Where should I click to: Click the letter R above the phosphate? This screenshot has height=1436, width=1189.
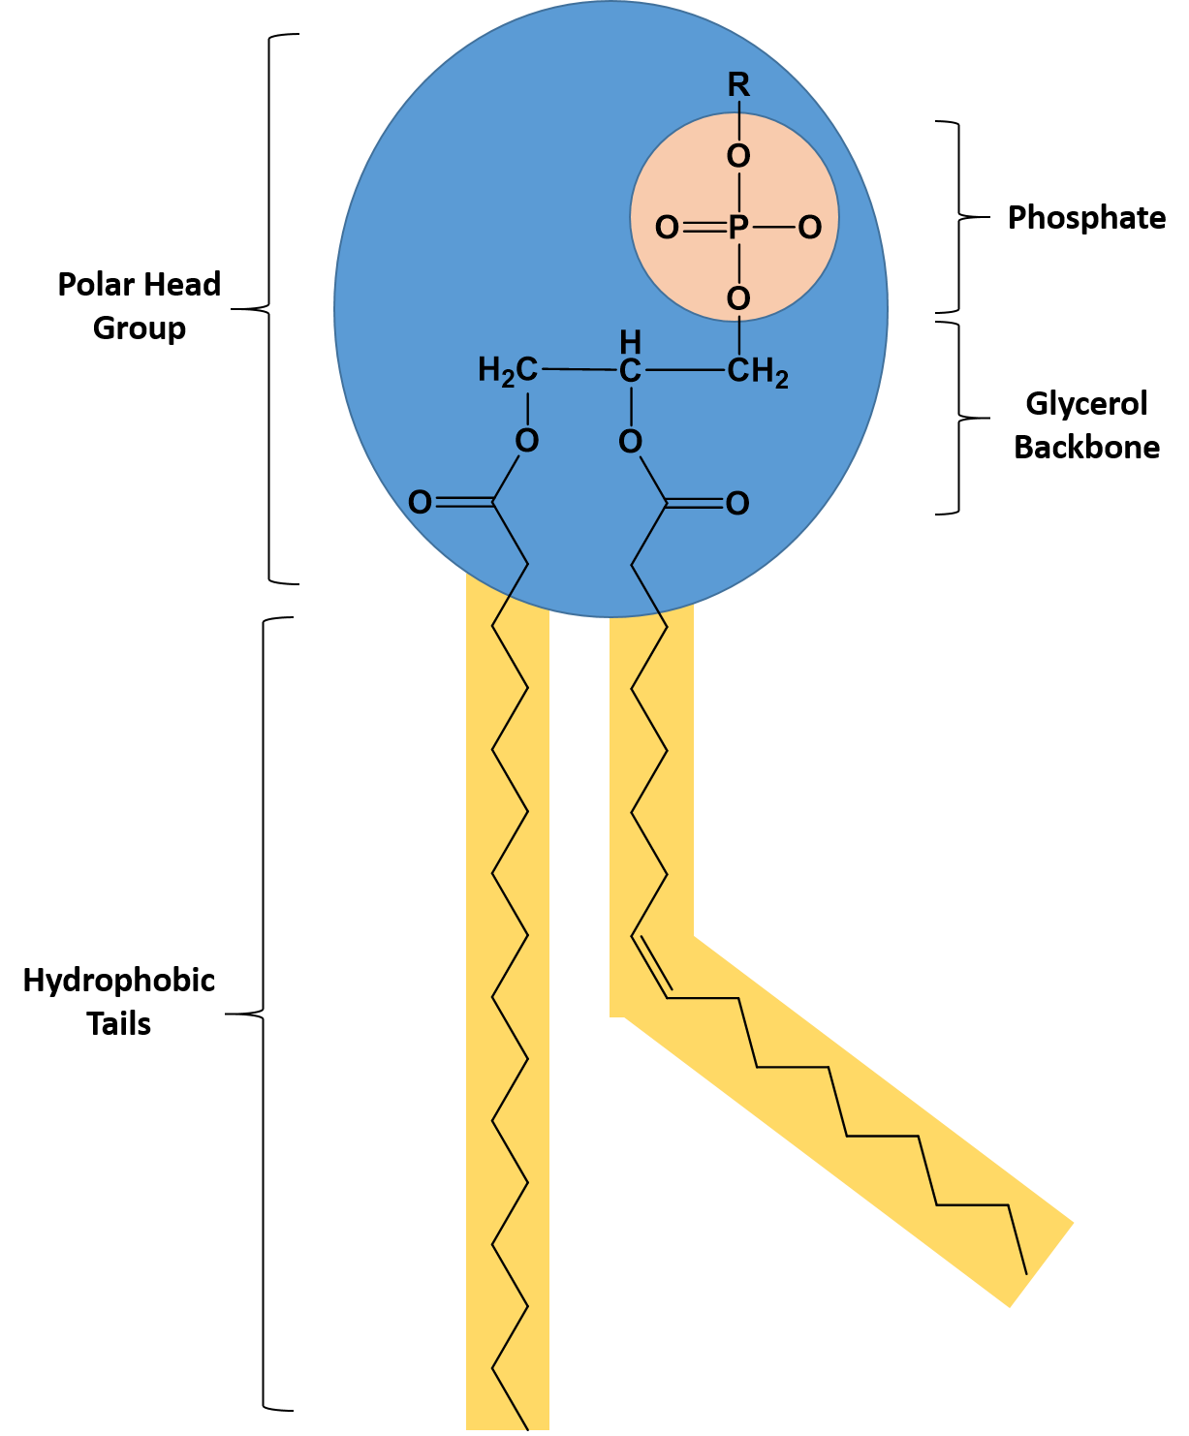click(x=738, y=86)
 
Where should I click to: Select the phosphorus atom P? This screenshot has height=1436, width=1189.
click(x=738, y=228)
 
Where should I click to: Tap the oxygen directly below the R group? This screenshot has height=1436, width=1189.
click(x=738, y=156)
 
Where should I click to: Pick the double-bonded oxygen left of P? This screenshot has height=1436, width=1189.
click(x=667, y=228)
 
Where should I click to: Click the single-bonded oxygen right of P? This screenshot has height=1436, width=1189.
click(x=810, y=228)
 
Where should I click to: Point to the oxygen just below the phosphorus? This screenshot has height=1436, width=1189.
click(x=738, y=299)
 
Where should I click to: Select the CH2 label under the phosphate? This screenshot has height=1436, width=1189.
click(x=757, y=372)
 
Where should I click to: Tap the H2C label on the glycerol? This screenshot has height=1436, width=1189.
click(x=508, y=370)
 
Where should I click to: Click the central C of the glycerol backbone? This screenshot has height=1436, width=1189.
click(x=630, y=370)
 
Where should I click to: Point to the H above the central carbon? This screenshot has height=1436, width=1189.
click(x=630, y=342)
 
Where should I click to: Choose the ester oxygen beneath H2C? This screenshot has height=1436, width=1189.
click(x=527, y=442)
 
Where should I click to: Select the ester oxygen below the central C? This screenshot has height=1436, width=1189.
click(x=630, y=443)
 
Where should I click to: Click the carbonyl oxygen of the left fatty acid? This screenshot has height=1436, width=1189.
click(x=420, y=502)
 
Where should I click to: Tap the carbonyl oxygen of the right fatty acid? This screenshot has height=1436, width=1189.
click(x=737, y=504)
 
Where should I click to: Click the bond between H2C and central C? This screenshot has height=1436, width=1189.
click(x=579, y=370)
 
